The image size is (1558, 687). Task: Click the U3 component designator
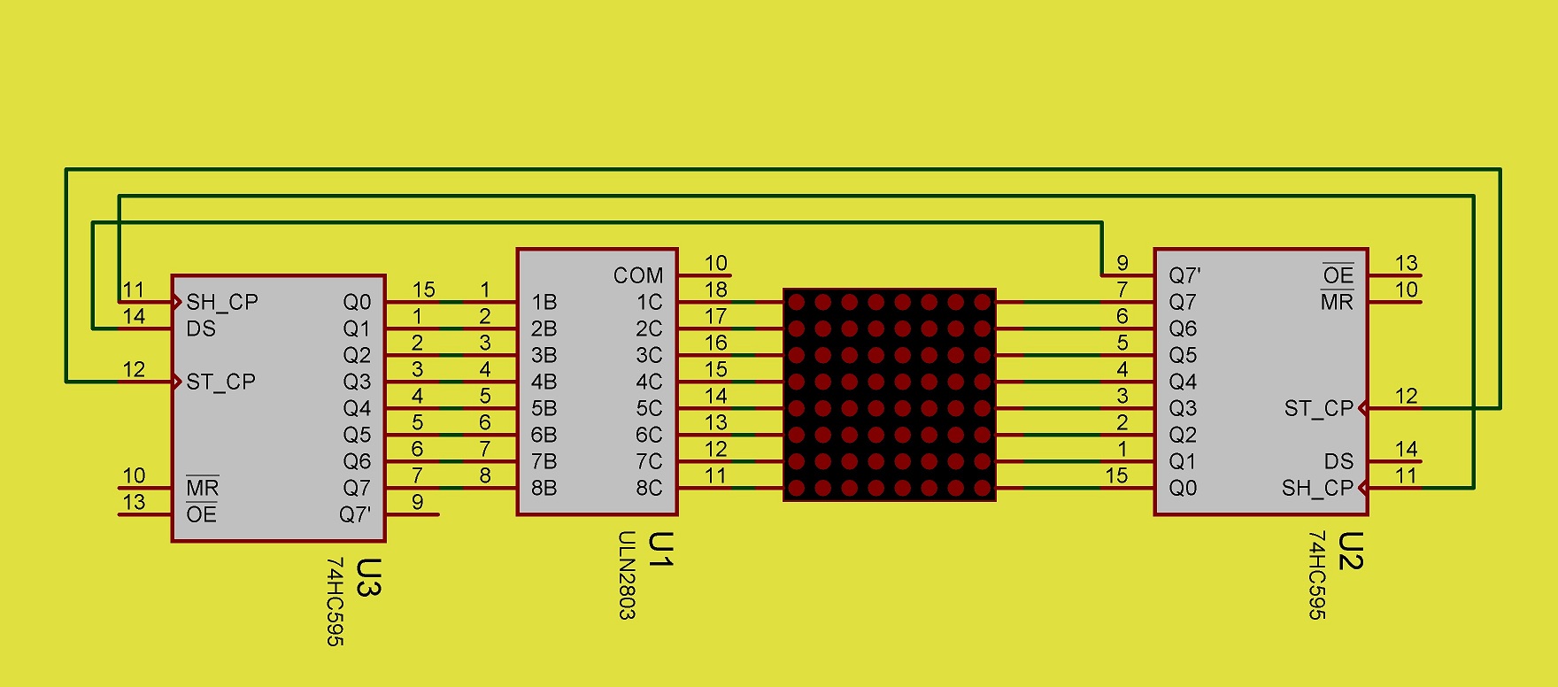[368, 577]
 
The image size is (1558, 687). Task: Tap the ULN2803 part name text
[627, 575]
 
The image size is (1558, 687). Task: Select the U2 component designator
[1351, 551]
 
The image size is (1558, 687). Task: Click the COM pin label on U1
[637, 275]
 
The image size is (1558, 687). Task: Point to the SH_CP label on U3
[222, 302]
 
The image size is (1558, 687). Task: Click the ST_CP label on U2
[1319, 408]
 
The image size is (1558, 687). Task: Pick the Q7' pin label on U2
[1184, 275]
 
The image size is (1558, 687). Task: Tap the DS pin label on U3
[201, 328]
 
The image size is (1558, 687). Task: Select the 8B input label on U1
[544, 488]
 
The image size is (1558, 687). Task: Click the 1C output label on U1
[649, 302]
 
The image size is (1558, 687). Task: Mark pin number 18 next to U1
[716, 289]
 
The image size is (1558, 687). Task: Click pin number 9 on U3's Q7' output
[417, 502]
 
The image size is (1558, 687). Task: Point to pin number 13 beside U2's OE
[1407, 263]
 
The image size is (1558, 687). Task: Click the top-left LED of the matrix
[797, 302]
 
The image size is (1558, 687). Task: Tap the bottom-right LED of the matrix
[982, 488]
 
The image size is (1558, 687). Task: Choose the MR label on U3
[202, 488]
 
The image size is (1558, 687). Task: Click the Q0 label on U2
[1183, 488]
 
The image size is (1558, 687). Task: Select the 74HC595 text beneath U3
[335, 601]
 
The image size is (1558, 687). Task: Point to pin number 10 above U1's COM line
[716, 263]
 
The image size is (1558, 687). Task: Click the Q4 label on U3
[357, 408]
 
